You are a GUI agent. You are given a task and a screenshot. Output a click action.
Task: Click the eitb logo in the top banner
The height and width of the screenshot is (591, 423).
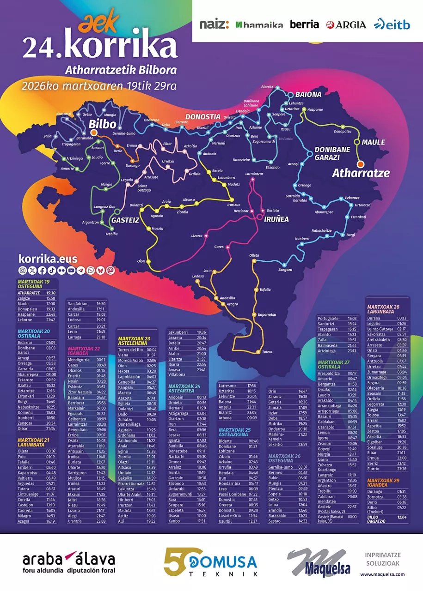pos(392,24)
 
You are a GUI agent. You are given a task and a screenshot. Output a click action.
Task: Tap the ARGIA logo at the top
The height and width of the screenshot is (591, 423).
pos(346,25)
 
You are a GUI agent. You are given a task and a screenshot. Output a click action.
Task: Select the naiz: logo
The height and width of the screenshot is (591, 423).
pos(214,24)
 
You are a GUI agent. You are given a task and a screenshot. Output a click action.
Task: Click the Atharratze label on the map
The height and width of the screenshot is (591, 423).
pos(361,173)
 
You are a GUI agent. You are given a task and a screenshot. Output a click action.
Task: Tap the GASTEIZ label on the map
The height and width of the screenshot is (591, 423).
pos(125,220)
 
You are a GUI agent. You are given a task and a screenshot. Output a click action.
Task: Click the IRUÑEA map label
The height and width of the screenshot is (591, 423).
pos(276,219)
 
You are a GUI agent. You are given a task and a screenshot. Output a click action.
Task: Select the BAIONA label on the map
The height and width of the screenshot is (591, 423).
pos(308,95)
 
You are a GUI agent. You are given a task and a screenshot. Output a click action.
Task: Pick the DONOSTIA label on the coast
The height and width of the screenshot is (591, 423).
pos(202,117)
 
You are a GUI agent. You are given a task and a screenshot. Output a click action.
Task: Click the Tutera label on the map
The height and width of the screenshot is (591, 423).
pos(267,352)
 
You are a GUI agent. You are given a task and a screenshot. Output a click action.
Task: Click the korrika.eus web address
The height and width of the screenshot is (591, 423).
pos(48,259)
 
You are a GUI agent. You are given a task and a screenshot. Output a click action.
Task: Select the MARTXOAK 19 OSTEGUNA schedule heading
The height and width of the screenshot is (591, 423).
pos(34,284)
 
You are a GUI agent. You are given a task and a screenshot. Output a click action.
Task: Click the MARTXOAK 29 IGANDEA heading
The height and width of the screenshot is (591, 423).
pos(384,483)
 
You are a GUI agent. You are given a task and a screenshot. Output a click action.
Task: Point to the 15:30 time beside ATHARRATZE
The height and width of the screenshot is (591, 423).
pos(51,293)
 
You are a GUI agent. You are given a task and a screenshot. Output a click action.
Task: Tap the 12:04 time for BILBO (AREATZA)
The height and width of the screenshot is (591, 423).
pos(402,518)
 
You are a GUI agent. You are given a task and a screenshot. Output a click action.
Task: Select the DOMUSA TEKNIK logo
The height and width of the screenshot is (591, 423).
pos(211,562)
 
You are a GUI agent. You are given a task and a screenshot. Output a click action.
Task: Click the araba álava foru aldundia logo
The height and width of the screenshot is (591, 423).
pos(68,563)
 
